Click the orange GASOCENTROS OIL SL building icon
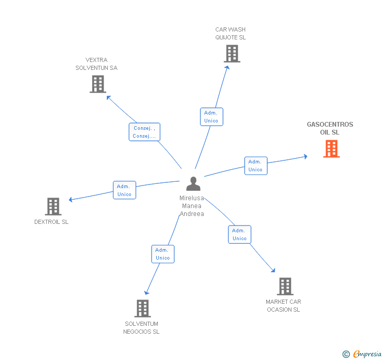tap(331, 149)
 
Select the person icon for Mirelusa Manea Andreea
tap(193, 183)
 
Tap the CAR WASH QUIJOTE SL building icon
tap(232, 54)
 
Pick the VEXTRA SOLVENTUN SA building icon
tap(98, 84)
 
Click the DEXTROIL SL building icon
tap(53, 207)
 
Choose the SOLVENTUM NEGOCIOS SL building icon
tap(143, 308)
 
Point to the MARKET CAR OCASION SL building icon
tap(285, 286)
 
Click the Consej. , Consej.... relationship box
tap(144, 132)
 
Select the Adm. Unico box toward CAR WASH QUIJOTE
tap(211, 117)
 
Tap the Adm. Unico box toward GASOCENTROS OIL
tap(256, 166)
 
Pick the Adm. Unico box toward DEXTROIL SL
tap(124, 190)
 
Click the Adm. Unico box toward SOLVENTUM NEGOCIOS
tap(163, 254)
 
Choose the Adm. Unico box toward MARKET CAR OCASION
tap(239, 234)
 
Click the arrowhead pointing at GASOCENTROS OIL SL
tap(306, 157)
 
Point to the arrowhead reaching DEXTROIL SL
tap(70, 199)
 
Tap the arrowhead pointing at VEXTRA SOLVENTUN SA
tap(108, 98)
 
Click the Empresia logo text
tap(367, 354)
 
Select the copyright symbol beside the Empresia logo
tap(346, 354)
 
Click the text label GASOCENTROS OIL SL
tap(330, 128)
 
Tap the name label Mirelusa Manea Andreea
tap(191, 205)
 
